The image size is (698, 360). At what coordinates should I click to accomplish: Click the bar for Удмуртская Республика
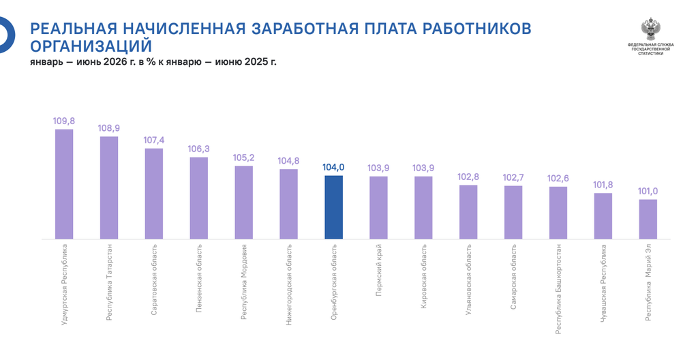(64, 184)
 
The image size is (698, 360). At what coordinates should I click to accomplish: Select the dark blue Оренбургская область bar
(333, 207)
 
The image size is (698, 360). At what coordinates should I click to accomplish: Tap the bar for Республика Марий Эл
(648, 220)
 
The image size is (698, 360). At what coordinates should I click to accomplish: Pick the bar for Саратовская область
(154, 194)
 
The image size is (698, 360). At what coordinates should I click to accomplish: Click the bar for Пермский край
(378, 208)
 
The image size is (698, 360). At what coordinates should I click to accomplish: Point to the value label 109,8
(64, 121)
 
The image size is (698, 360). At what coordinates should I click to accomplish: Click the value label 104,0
(333, 168)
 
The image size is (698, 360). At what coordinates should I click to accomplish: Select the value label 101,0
(648, 191)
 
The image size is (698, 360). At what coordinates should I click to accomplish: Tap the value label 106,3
(198, 149)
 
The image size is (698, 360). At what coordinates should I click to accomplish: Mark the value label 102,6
(558, 178)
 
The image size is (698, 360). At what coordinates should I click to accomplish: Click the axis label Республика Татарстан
(110, 282)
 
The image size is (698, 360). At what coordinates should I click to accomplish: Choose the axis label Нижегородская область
(289, 284)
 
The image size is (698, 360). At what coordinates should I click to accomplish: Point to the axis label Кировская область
(424, 276)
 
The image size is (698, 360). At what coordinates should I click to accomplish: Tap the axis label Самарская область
(513, 277)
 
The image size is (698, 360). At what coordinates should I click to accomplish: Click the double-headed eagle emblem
(650, 29)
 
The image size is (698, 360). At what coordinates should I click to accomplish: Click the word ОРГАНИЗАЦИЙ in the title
(91, 46)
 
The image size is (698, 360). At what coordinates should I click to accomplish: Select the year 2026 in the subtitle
(114, 62)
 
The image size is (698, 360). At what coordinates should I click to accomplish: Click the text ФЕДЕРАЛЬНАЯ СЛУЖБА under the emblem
(650, 45)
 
